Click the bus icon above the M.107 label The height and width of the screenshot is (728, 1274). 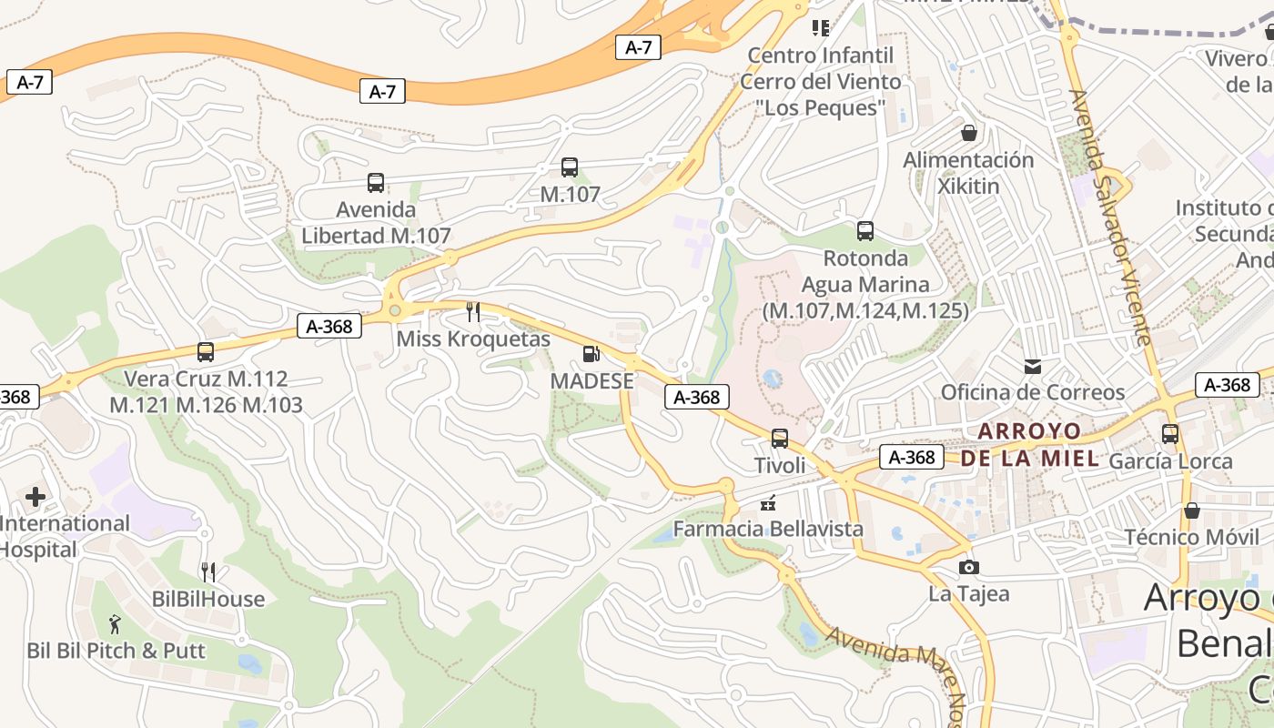pos(570,167)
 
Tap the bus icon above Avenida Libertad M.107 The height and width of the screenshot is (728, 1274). pos(376,183)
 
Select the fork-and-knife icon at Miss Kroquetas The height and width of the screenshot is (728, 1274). pos(472,312)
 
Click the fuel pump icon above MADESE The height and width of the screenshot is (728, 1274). pos(591,354)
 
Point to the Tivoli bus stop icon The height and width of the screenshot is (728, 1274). pos(780,439)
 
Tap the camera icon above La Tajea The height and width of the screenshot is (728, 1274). pos(969,568)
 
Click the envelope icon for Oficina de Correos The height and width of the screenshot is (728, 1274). pos(1032,367)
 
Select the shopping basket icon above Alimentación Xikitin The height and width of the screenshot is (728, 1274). pos(969,134)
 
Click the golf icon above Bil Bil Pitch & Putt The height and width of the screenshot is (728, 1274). pos(115,624)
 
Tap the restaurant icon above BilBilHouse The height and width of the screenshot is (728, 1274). pos(208,572)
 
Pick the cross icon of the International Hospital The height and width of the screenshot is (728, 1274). pos(35,497)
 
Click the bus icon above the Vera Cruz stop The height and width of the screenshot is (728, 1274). pos(206,352)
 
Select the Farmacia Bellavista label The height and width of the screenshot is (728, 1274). pos(768,529)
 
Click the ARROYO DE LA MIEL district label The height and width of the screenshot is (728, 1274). pos(1029,444)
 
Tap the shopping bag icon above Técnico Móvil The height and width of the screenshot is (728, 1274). pos(1191,511)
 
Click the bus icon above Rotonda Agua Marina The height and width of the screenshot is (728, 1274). pos(865,231)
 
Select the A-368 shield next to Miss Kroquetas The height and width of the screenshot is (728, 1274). pos(329,327)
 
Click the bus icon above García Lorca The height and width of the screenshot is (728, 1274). pos(1170,434)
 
